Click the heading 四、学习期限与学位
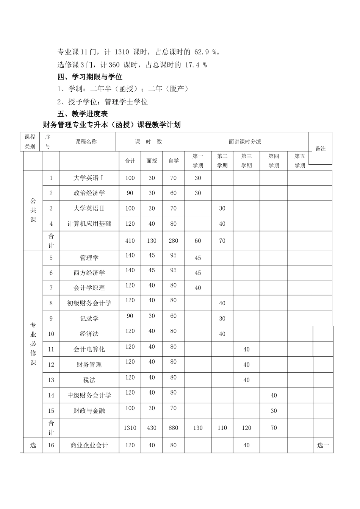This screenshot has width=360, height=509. coord(90,77)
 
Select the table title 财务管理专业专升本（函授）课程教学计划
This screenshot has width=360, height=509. coord(112,125)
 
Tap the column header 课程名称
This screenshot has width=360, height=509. coord(86,142)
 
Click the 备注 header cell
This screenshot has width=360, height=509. coord(321,148)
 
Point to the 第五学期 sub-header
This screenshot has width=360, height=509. coord(300,161)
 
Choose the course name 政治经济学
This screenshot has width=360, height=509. coord(89,193)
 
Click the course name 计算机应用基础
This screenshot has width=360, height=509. coord(89,224)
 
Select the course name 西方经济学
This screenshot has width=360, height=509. coord(89,273)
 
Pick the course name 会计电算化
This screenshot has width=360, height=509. coord(89,350)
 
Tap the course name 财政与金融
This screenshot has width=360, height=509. coord(89,411)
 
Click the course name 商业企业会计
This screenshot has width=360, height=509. coord(89,445)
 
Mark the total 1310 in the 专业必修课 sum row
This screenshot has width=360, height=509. coord(130,428)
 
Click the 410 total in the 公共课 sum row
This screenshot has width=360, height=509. coord(130,241)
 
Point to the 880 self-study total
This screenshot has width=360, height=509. coord(174,428)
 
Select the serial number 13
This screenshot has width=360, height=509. coord(51,380)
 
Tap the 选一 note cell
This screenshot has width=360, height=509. coord(323,445)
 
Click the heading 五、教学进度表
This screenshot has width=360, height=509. coord(83,114)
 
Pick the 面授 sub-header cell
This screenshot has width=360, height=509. coord(152,161)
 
